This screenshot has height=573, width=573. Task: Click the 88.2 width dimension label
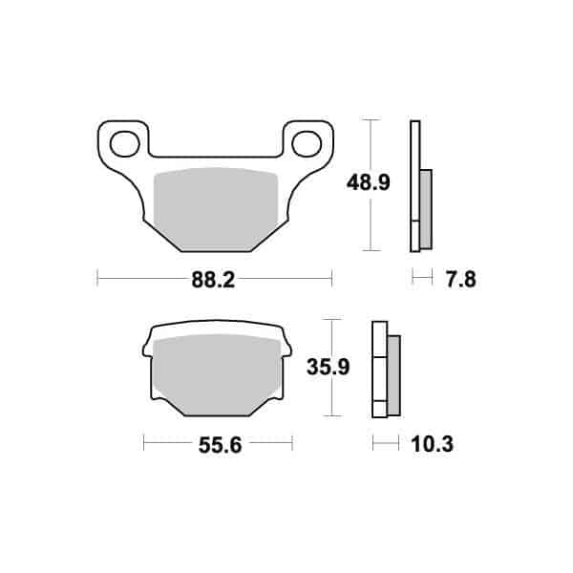pos(215,280)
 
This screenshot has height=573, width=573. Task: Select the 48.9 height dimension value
pos(341,181)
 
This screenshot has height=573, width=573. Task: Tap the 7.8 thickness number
pos(460,280)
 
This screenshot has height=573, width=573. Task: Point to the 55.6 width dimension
pos(217,444)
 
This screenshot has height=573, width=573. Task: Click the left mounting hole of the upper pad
pos(123,144)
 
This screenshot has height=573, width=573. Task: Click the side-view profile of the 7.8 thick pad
pos(414,186)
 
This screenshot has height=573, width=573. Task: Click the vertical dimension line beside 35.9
pos(330,368)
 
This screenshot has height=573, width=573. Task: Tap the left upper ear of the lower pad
pos(149,335)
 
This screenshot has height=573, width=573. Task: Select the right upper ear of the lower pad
pos(284,335)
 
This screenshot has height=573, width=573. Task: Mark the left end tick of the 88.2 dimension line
pos(98,279)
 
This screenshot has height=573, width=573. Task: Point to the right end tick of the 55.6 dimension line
pos(291,443)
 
